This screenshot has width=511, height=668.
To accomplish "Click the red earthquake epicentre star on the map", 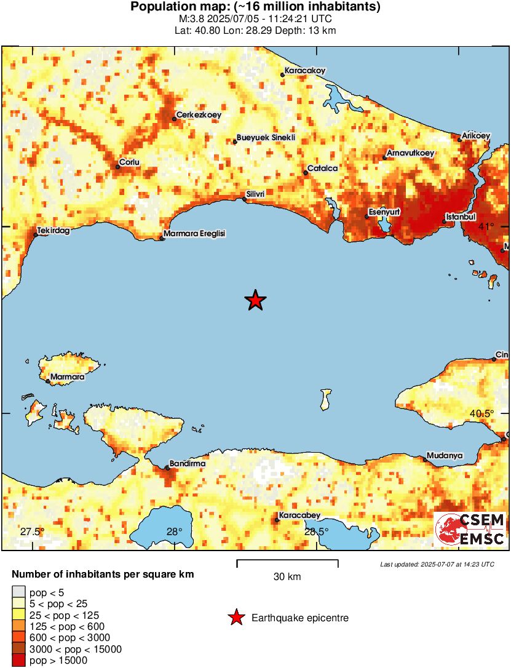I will [x=255, y=300].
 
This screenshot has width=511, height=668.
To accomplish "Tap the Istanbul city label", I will [x=461, y=217].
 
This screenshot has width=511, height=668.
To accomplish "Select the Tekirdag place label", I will [x=53, y=231].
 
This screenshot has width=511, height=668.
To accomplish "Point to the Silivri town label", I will [x=255, y=194].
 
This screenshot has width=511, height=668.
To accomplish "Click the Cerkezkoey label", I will [x=199, y=114].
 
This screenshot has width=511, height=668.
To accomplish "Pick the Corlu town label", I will [x=130, y=162].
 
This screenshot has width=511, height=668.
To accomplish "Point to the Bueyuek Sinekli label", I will [x=266, y=138].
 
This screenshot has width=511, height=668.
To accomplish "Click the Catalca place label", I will [x=320, y=168].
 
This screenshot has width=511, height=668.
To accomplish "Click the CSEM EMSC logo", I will [x=470, y=530].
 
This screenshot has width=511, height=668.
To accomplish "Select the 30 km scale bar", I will [x=287, y=562].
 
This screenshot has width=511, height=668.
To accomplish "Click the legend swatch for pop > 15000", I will [x=18, y=660].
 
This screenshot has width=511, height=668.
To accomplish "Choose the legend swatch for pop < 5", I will [x=18, y=592].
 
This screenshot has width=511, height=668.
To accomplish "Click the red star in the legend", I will [x=236, y=618].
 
